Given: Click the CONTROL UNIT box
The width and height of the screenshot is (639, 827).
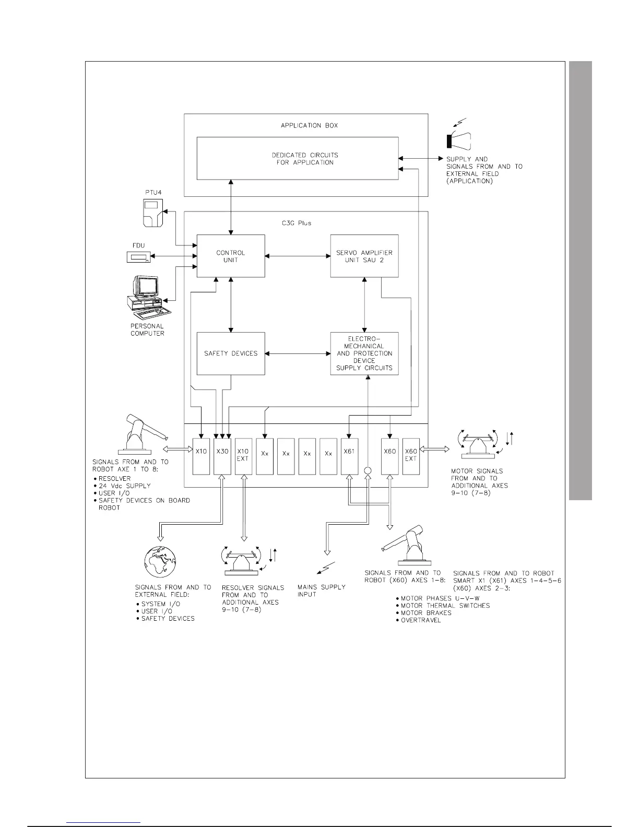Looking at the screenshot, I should click(230, 256).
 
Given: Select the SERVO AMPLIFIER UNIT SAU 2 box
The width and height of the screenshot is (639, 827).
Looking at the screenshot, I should click(364, 256).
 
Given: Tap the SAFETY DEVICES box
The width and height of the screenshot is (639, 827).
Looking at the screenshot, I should click(230, 353).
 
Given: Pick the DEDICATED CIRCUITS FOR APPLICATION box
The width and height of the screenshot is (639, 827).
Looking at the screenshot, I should click(297, 159).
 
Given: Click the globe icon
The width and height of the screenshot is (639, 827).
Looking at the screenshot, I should click(160, 563).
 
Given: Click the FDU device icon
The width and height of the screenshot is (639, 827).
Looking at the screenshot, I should click(138, 257).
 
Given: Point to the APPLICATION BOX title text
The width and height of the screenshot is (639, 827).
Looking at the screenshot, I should click(309, 126).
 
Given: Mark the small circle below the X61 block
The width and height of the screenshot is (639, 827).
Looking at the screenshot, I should click(368, 470).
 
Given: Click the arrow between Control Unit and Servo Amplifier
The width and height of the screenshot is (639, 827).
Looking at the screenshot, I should click(298, 256).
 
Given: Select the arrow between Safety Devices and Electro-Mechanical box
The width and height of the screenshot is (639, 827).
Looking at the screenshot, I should click(298, 353).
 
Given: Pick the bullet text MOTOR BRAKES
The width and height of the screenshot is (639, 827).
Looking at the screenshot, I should click(426, 612).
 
